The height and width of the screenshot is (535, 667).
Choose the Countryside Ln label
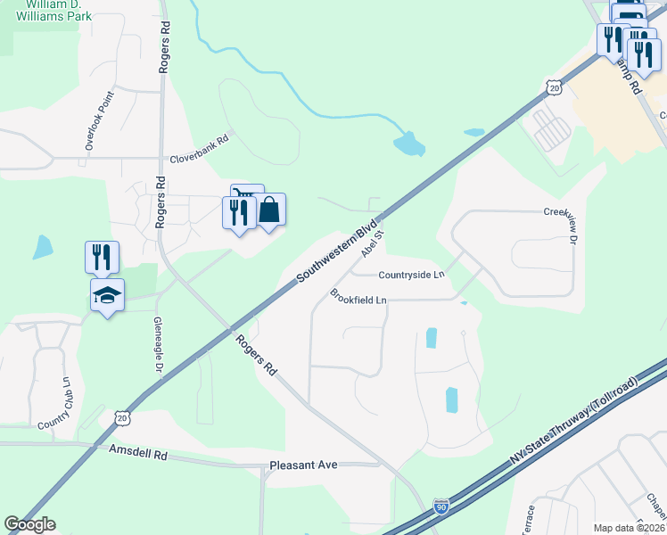(411, 275)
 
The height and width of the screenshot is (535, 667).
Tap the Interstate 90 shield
(441, 506)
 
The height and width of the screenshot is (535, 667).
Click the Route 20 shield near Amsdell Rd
(123, 417)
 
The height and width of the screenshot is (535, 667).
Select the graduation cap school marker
(107, 294)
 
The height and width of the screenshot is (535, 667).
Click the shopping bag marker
(270, 210)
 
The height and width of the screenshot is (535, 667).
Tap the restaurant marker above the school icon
(102, 257)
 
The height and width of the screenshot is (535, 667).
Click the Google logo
(29, 524)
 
